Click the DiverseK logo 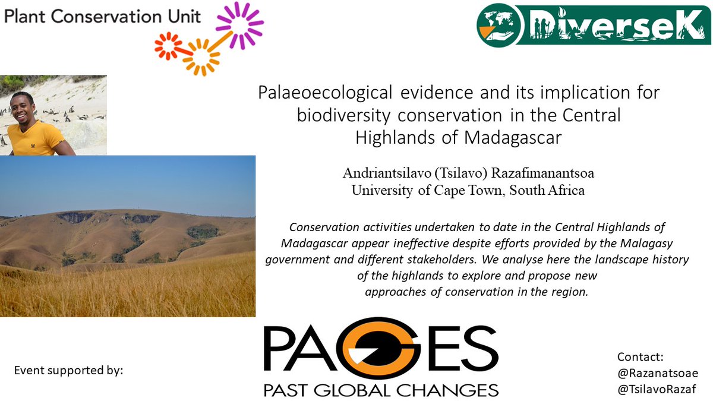point(594,24)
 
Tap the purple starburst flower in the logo point(239,25)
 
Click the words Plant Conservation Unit point(102,16)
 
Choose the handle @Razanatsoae point(658,373)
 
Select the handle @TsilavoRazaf point(657,389)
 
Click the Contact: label point(640,357)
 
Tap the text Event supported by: point(69,371)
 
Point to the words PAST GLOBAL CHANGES point(381,390)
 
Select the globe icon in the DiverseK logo point(499,20)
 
